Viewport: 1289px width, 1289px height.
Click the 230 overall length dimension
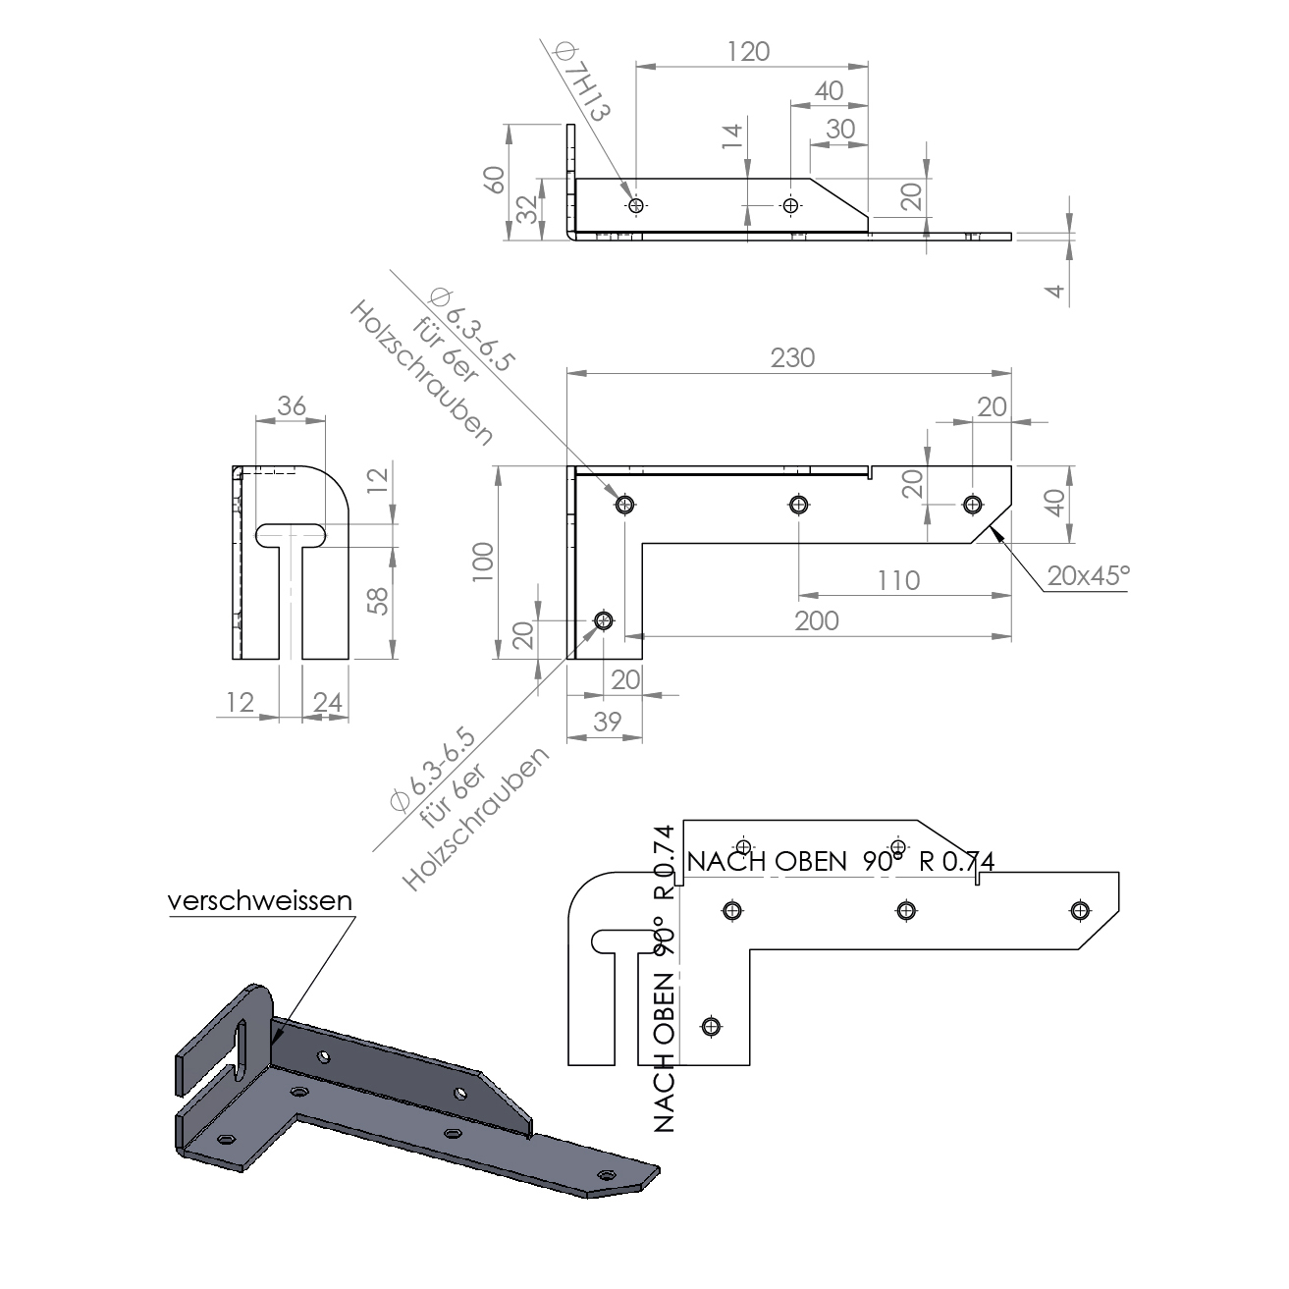(792, 358)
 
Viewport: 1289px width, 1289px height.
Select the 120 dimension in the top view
(747, 51)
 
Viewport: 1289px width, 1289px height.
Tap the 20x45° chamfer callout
(1089, 576)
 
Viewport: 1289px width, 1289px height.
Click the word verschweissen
(259, 900)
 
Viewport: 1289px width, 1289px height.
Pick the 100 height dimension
(483, 562)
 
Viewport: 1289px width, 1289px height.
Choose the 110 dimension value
(898, 580)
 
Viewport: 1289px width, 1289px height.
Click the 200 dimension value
(817, 621)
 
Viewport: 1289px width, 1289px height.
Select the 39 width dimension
(607, 722)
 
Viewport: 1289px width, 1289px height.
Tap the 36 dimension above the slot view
(291, 406)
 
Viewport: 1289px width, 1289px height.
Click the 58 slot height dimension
(378, 601)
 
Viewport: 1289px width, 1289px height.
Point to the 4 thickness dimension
(1055, 291)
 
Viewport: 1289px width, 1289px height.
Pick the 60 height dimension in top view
(495, 180)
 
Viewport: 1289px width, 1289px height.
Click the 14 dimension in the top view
(732, 135)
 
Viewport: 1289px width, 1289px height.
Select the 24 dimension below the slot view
(327, 702)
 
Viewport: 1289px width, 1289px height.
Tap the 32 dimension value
(528, 209)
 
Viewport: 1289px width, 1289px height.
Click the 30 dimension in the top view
(840, 130)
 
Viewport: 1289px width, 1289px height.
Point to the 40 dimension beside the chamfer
(1055, 503)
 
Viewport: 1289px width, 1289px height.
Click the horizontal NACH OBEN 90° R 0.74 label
(840, 861)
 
